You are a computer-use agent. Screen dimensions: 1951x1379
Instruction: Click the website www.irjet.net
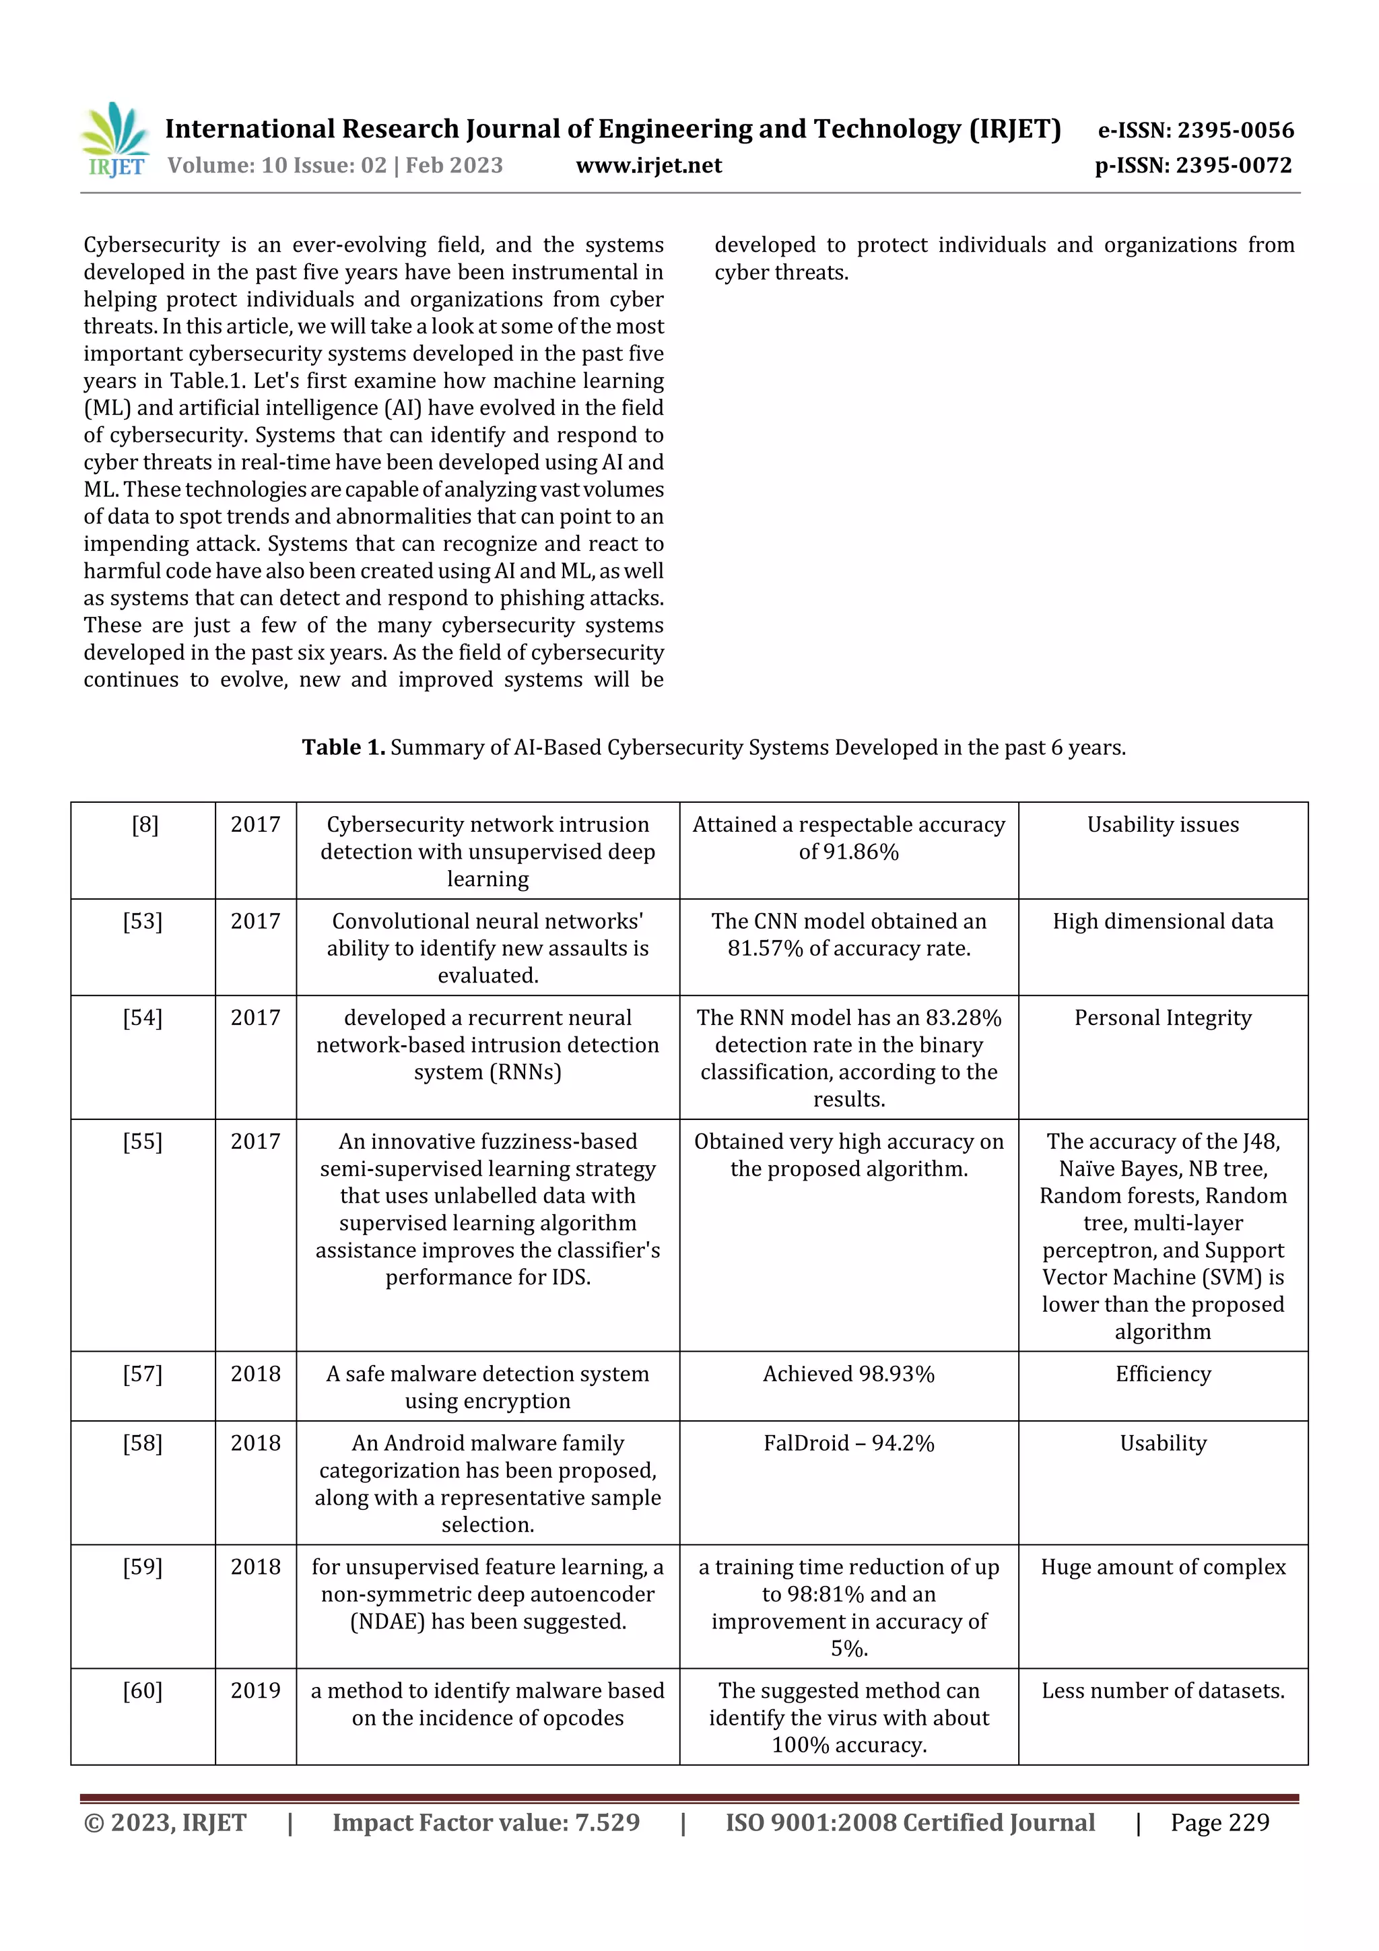pyautogui.click(x=648, y=165)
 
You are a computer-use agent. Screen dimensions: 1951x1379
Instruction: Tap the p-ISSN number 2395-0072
pyautogui.click(x=1234, y=165)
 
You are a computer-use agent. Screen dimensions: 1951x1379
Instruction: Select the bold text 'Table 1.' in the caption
pyautogui.click(x=343, y=747)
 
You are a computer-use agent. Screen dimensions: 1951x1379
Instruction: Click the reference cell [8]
pyautogui.click(x=145, y=824)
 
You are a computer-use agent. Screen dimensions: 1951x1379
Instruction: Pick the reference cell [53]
pyautogui.click(x=143, y=921)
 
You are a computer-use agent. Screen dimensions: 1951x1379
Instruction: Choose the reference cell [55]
pyautogui.click(x=143, y=1142)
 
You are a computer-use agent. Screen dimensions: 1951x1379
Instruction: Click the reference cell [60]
pyautogui.click(x=143, y=1690)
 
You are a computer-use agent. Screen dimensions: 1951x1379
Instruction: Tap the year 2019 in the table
pyautogui.click(x=255, y=1690)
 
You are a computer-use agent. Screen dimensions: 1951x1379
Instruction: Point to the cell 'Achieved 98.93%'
pyautogui.click(x=848, y=1374)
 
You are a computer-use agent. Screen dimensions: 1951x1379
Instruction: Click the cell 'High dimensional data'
pyautogui.click(x=1162, y=921)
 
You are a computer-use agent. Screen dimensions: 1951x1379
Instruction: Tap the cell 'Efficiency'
pyautogui.click(x=1162, y=1374)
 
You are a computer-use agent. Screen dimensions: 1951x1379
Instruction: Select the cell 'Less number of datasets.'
pyautogui.click(x=1162, y=1690)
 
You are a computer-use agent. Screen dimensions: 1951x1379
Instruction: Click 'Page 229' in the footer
pyautogui.click(x=1219, y=1822)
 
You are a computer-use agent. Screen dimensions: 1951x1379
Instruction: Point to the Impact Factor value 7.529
pyautogui.click(x=607, y=1822)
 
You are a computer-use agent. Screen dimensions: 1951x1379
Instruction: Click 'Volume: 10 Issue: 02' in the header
pyautogui.click(x=277, y=165)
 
